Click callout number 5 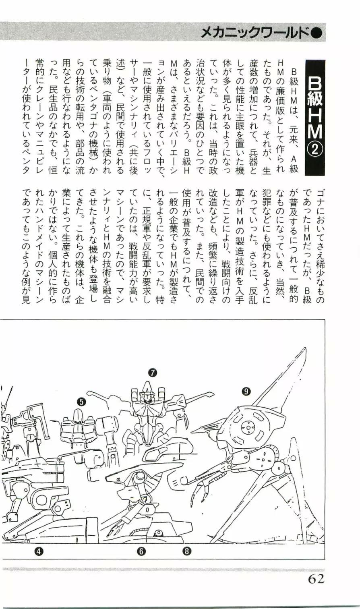click(x=82, y=401)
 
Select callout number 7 click(x=153, y=373)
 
